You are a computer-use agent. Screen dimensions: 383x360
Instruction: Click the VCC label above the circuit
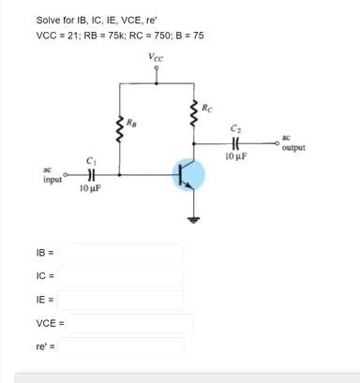[156, 59]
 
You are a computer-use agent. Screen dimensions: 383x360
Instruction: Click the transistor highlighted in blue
[187, 175]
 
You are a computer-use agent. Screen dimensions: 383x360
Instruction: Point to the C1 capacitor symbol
[90, 174]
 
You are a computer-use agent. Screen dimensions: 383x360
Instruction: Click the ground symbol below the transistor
[195, 222]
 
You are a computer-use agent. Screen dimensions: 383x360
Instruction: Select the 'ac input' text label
[52, 175]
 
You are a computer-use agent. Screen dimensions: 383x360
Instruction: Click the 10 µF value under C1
[91, 188]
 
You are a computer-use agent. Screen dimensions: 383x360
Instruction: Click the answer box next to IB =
[126, 254]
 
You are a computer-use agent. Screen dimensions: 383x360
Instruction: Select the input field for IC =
[126, 277]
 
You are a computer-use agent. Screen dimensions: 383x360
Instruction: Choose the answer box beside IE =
[126, 301]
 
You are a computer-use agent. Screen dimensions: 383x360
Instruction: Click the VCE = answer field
[130, 324]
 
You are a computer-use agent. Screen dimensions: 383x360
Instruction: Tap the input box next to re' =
[126, 347]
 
